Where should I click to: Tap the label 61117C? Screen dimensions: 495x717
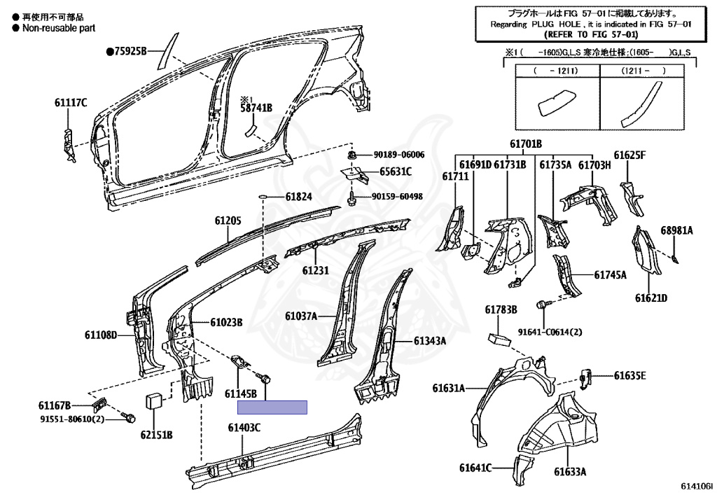(x=71, y=103)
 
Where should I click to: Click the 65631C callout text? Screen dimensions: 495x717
(x=396, y=172)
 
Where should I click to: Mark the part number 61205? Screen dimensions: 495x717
(x=228, y=221)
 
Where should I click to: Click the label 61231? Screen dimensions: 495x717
(x=316, y=270)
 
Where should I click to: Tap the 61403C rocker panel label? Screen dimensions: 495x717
(x=244, y=428)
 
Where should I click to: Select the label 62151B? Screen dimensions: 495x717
(x=156, y=435)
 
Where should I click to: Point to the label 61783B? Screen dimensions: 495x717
(x=501, y=309)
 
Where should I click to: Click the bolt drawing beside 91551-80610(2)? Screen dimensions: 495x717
(x=129, y=419)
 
